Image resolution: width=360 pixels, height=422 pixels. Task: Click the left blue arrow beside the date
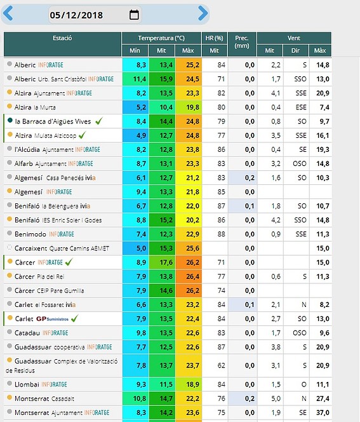[x=8, y=13]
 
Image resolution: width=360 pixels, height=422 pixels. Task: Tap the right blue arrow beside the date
[x=203, y=13]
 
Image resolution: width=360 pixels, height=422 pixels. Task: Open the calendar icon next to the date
[x=134, y=15]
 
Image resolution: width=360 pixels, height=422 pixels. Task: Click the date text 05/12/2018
[x=76, y=15]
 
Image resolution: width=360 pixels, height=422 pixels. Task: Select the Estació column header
[x=62, y=38]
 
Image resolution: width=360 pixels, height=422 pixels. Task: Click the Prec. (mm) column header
[x=242, y=42]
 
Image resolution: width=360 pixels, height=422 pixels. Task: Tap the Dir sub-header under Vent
[x=295, y=51]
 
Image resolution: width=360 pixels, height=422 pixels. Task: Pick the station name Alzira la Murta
[x=35, y=107]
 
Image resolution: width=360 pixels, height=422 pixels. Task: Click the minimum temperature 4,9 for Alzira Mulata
[x=141, y=135]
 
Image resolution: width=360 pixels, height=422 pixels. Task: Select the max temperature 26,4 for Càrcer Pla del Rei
[x=192, y=276]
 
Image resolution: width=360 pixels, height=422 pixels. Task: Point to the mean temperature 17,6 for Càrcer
[x=166, y=262]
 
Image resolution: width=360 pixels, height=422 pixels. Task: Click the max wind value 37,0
[x=323, y=412]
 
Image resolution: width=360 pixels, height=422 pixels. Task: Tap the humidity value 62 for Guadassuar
[x=221, y=365]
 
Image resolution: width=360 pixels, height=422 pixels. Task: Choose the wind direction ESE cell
[x=301, y=107]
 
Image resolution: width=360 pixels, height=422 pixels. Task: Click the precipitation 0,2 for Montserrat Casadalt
[x=250, y=398]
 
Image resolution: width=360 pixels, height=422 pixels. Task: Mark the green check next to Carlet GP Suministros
[x=74, y=318]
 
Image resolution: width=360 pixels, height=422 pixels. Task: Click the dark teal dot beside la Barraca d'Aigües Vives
[x=10, y=120]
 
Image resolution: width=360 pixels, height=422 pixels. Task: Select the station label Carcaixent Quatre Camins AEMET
[x=62, y=248]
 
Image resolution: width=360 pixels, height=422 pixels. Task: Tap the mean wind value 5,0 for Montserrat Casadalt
[x=276, y=398]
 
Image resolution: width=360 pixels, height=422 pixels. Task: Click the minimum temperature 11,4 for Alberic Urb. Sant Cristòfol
[x=140, y=79]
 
